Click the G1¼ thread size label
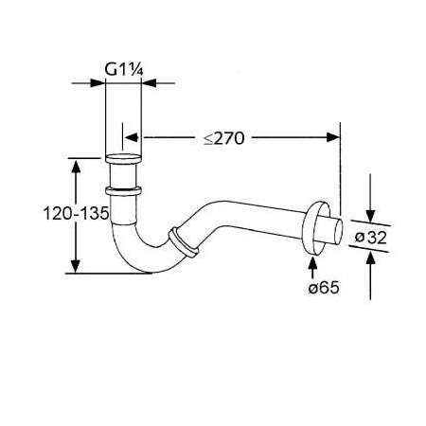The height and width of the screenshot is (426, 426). click(x=124, y=69)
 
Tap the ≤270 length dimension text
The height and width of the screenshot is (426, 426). click(x=223, y=138)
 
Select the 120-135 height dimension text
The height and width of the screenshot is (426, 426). click(x=76, y=213)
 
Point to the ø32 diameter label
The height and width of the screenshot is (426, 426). click(x=370, y=237)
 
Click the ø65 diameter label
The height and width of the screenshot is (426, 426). click(x=324, y=288)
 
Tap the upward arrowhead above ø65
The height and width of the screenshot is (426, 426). click(x=312, y=263)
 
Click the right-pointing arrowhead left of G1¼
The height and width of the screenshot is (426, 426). click(x=98, y=83)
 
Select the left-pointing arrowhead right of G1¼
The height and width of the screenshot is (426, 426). click(x=149, y=83)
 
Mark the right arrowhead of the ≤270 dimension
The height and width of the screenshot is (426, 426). click(x=333, y=137)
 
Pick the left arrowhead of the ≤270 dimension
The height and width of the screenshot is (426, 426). click(x=132, y=137)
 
